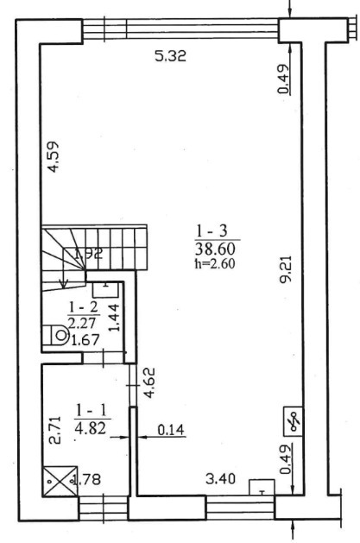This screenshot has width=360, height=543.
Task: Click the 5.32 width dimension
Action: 170,56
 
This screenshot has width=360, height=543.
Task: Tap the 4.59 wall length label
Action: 54,156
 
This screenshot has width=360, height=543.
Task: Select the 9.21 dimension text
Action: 287,269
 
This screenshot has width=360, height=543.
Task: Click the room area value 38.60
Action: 215,249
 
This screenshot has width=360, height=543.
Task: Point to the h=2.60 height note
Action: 215,264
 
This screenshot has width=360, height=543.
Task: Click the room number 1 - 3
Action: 212,230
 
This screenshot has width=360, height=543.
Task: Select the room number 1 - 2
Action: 84,306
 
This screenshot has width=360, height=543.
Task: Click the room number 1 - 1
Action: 92,411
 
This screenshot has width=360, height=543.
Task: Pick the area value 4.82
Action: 91,428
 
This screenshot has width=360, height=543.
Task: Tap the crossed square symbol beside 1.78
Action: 60,481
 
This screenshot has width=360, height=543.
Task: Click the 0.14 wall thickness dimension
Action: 171,430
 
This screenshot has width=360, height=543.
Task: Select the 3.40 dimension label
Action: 220,479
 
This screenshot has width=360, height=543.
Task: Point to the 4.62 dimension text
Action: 149,383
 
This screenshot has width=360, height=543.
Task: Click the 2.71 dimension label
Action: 54,431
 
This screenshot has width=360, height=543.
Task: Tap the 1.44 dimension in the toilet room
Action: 113,318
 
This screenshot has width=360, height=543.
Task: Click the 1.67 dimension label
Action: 85,339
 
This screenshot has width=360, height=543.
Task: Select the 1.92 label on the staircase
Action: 88,254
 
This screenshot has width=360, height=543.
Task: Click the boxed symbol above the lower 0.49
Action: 294,421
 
